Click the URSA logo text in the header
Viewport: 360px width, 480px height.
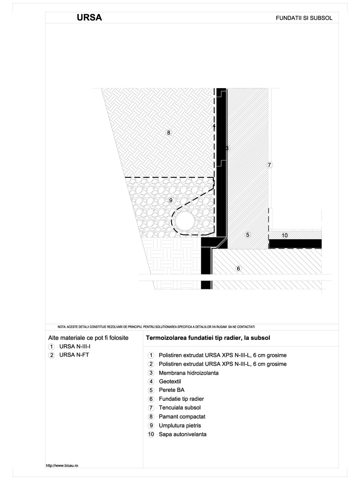click(x=89, y=18)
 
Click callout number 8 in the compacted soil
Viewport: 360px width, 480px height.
click(x=169, y=133)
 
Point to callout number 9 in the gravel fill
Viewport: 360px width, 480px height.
click(x=171, y=200)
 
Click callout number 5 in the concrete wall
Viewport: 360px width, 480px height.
click(x=247, y=235)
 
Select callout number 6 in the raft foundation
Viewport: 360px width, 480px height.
click(x=238, y=268)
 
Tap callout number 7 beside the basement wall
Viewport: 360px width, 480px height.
click(x=269, y=165)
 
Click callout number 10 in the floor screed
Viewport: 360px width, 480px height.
click(x=284, y=235)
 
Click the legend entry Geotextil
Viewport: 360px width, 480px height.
click(x=170, y=382)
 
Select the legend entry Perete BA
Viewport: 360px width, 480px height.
click(x=171, y=390)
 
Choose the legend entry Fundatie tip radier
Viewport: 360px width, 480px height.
click(x=181, y=399)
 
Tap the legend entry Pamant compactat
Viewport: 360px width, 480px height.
click(x=182, y=417)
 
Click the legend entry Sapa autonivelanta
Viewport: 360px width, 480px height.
click(x=182, y=434)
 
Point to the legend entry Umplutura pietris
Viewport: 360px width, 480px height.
click(x=180, y=426)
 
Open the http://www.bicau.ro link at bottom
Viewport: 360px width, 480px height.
click(x=63, y=466)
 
